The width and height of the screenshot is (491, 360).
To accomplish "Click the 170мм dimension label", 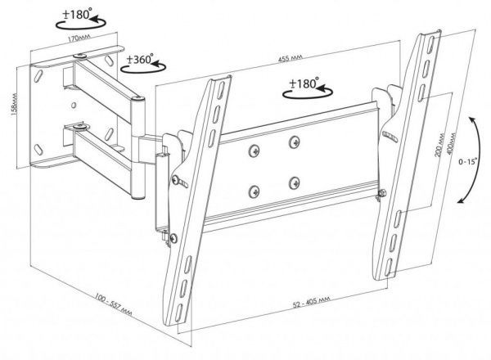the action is click(79, 38).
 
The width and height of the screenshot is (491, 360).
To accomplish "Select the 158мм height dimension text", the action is click(14, 104).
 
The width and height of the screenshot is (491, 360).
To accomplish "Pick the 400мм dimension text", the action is click(452, 142).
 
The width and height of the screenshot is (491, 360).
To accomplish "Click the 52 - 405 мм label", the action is click(312, 302).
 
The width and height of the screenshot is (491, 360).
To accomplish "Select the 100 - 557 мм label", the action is click(114, 304).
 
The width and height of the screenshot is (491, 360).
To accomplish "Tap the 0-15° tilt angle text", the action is click(467, 162).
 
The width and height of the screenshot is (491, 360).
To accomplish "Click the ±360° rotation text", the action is click(140, 59).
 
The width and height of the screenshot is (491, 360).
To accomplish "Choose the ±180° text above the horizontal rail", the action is click(304, 83).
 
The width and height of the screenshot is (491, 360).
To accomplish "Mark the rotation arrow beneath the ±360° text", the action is click(143, 69).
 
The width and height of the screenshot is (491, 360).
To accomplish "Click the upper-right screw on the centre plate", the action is click(294, 142).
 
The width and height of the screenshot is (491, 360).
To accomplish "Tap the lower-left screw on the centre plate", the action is click(255, 192).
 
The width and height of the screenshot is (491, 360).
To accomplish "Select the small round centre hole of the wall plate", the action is click(74, 106).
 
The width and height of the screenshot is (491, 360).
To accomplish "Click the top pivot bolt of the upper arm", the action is click(80, 56).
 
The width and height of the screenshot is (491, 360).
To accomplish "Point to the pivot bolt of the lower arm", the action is click(80, 127).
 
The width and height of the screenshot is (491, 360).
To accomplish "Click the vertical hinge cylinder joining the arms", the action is click(138, 148).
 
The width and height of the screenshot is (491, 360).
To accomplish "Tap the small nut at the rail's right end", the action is click(381, 193).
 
